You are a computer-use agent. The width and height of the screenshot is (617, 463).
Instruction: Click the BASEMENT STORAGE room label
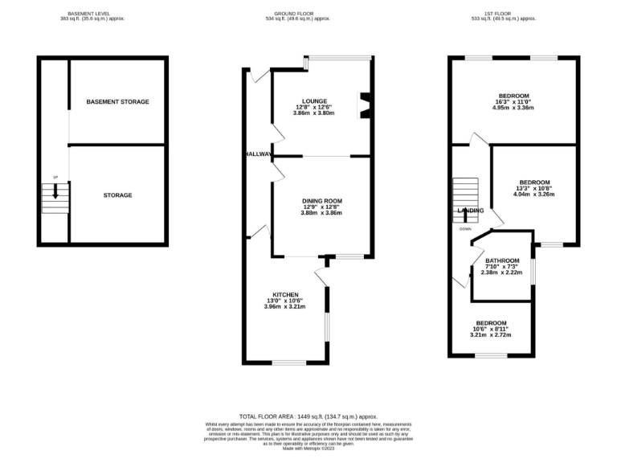pyautogui.click(x=117, y=102)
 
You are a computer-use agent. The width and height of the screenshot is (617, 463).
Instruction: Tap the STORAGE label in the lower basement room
pyautogui.click(x=118, y=195)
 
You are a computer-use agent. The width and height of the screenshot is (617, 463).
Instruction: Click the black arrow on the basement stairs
pyautogui.click(x=55, y=191)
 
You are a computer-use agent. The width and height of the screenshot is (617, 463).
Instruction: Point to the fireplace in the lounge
pyautogui.click(x=365, y=104)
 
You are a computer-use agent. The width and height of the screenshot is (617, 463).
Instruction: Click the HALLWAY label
pyautogui.click(x=259, y=154)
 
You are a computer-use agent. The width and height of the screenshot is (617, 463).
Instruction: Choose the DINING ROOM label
pyautogui.click(x=321, y=200)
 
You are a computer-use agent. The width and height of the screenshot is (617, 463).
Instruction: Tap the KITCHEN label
pyautogui.click(x=286, y=293)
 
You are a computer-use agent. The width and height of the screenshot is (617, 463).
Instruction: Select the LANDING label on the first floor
pyautogui.click(x=470, y=211)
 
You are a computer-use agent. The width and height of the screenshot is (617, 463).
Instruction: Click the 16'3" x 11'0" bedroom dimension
pyautogui.click(x=513, y=102)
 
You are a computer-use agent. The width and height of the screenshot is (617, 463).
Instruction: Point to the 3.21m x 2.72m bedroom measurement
pyautogui.click(x=490, y=335)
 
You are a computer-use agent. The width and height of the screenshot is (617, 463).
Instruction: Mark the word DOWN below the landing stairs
pyautogui.click(x=465, y=229)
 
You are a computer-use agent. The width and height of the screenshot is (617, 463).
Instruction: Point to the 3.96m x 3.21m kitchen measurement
pyautogui.click(x=285, y=306)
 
